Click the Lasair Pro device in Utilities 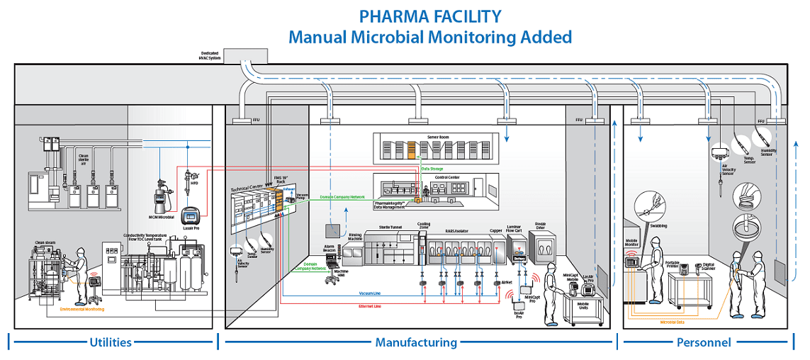(189, 217)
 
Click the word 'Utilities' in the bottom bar (111, 342)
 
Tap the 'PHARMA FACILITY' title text (429, 16)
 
